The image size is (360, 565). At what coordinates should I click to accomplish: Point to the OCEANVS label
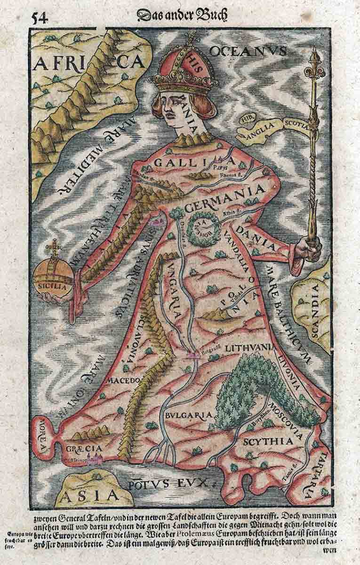pos(248,51)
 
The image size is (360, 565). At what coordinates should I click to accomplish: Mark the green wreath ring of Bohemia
pos(203,228)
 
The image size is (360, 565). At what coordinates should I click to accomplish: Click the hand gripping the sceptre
pos(311,246)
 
